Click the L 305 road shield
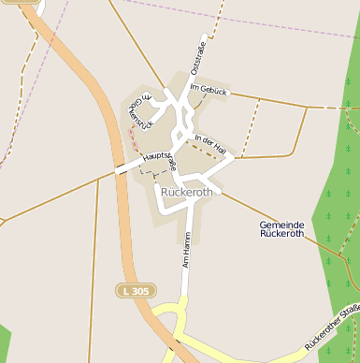tap(135, 291)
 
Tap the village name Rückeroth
tap(187, 193)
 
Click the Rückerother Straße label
tap(332, 328)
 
